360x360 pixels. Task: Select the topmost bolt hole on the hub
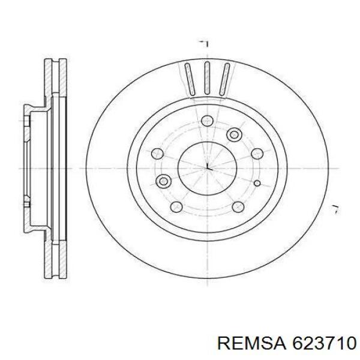click(208, 121)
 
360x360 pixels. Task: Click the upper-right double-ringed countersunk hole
click(234, 134)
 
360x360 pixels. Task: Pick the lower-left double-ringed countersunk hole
click(163, 181)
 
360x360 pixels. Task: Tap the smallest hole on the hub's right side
click(257, 183)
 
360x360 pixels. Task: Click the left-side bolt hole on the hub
click(157, 154)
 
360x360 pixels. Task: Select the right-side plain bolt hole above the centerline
click(257, 154)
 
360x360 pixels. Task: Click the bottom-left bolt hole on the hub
click(176, 207)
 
